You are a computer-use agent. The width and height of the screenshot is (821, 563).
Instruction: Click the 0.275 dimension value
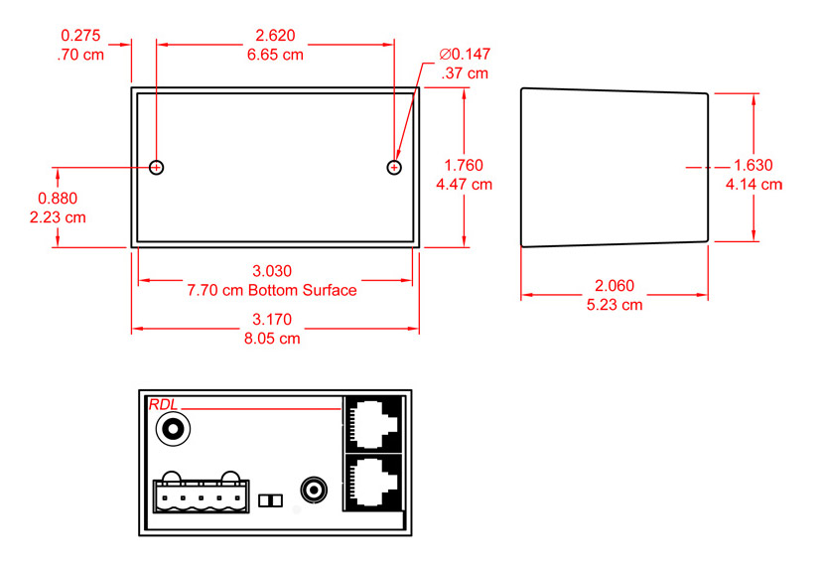coord(80,35)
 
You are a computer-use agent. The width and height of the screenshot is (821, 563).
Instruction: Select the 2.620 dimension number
coord(275,35)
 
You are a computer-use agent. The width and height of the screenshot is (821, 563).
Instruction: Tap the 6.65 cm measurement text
coord(275,55)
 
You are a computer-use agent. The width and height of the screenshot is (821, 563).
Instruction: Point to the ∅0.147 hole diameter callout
coord(465,54)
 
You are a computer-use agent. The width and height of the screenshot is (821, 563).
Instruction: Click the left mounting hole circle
coord(157,167)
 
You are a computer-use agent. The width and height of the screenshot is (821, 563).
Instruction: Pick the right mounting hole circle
coord(394,167)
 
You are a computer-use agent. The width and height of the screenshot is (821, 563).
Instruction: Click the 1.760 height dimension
coord(464,165)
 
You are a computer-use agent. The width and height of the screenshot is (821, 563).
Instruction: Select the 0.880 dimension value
coord(58,198)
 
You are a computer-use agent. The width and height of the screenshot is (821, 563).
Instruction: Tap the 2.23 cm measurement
coord(58,217)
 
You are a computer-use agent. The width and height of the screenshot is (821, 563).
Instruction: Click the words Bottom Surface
coord(303,290)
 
